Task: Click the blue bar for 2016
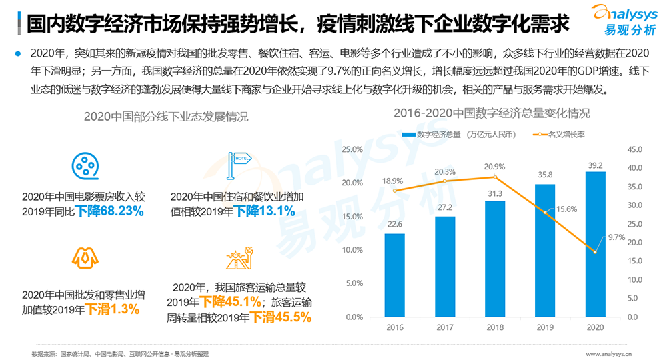click(x=394, y=275)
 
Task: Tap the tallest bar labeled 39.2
click(x=595, y=244)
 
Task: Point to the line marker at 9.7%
click(x=595, y=251)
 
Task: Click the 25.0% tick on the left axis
click(x=352, y=149)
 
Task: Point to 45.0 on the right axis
click(x=634, y=149)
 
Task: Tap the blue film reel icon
click(x=84, y=165)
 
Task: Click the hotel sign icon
click(x=237, y=163)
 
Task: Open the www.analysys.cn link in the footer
click(x=609, y=353)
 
